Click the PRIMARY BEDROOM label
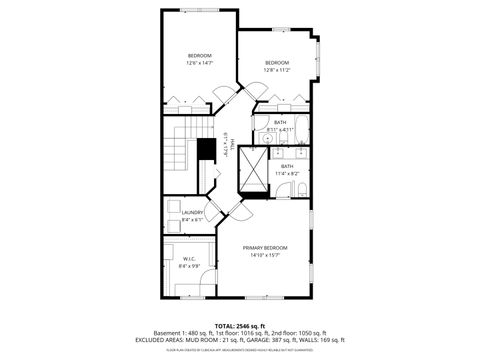(x=265, y=247)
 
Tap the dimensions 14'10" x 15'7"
(x=265, y=254)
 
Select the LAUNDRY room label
(x=193, y=212)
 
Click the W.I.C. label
(x=189, y=258)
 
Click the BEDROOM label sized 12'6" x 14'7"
(x=200, y=55)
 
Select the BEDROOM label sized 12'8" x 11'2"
(x=276, y=62)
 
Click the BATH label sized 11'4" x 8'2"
(x=287, y=166)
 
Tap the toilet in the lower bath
(x=299, y=188)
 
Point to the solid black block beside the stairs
(x=206, y=149)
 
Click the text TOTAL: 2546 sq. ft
(x=239, y=325)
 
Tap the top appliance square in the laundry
(x=173, y=206)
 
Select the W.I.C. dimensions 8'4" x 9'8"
(x=189, y=265)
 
